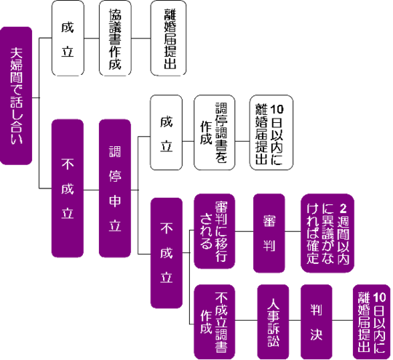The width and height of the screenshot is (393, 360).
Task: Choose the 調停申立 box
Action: [x=114, y=189]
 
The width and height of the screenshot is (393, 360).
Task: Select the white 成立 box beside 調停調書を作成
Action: [x=167, y=134]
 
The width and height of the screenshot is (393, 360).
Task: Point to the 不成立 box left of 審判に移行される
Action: [x=167, y=251]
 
